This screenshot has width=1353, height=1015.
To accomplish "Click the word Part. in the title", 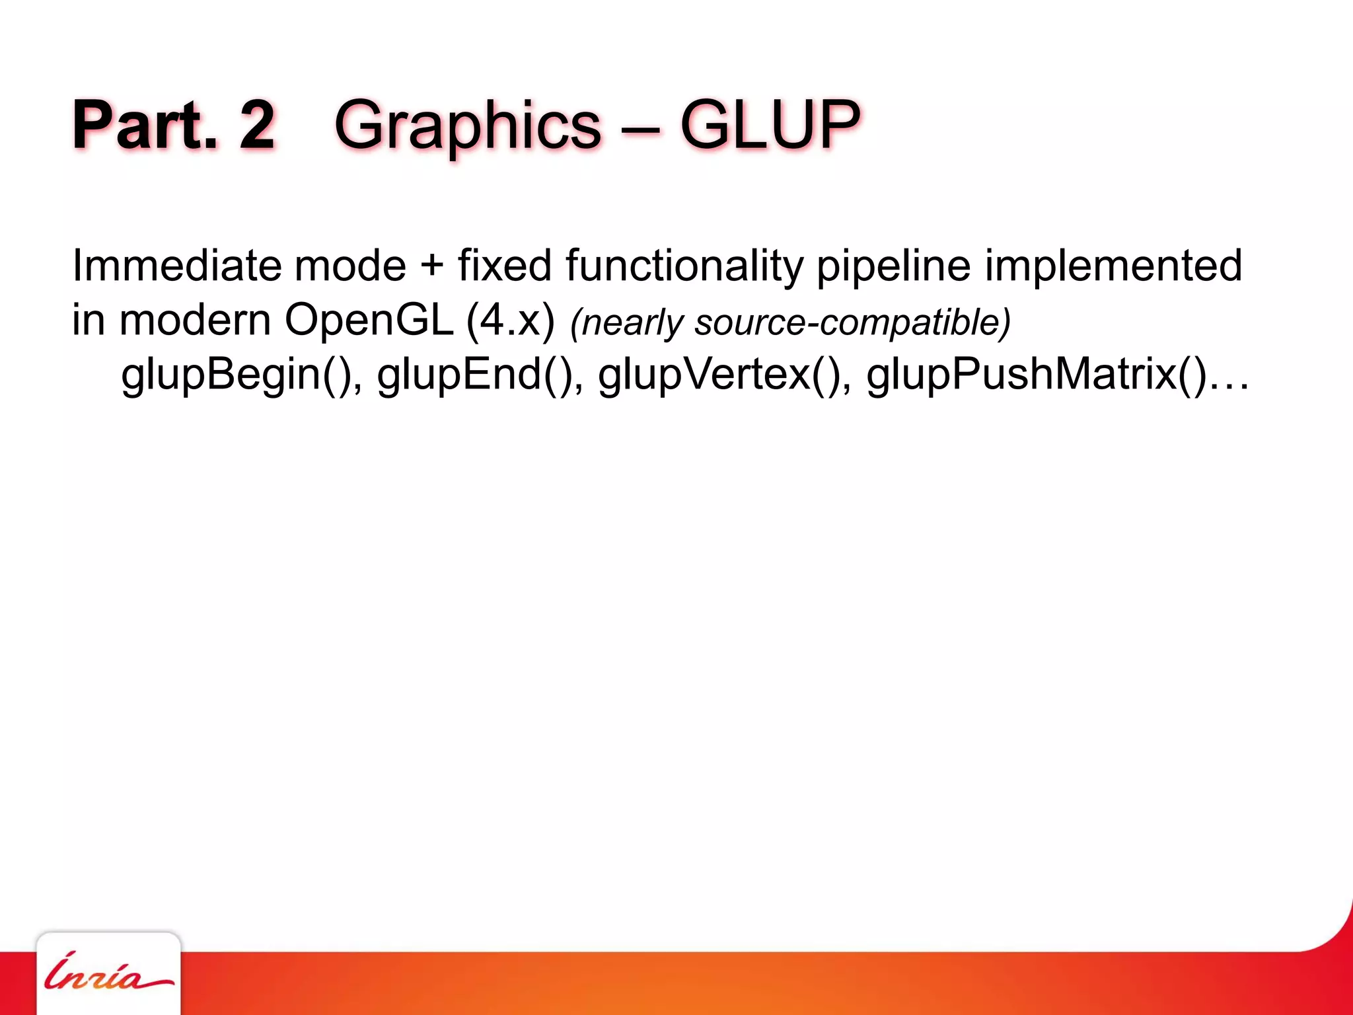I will tap(144, 126).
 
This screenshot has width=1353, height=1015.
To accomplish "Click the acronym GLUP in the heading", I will tap(770, 126).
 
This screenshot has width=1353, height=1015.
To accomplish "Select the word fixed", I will tap(504, 266).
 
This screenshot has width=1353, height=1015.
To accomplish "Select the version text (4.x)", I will tap(510, 321).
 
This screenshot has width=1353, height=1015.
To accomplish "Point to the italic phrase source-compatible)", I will tap(852, 322).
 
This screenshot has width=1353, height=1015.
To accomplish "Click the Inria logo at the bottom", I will tap(108, 973).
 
